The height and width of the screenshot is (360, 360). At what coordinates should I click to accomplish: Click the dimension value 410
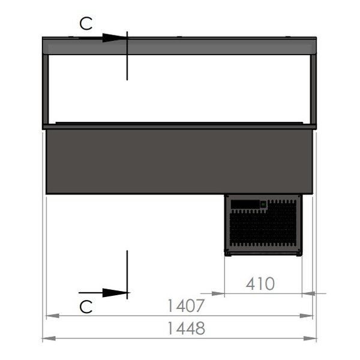pos(259,283)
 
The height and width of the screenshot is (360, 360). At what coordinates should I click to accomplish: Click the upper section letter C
pos(86,23)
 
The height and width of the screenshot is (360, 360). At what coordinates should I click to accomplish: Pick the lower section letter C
pos(86,307)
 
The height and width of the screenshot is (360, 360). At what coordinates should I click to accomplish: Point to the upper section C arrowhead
pos(114,38)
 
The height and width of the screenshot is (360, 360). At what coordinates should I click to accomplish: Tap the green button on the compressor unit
pos(263,205)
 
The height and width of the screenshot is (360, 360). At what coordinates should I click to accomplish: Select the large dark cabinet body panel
pos(179,161)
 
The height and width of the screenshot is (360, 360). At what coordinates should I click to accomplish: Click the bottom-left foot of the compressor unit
pos(228,253)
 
